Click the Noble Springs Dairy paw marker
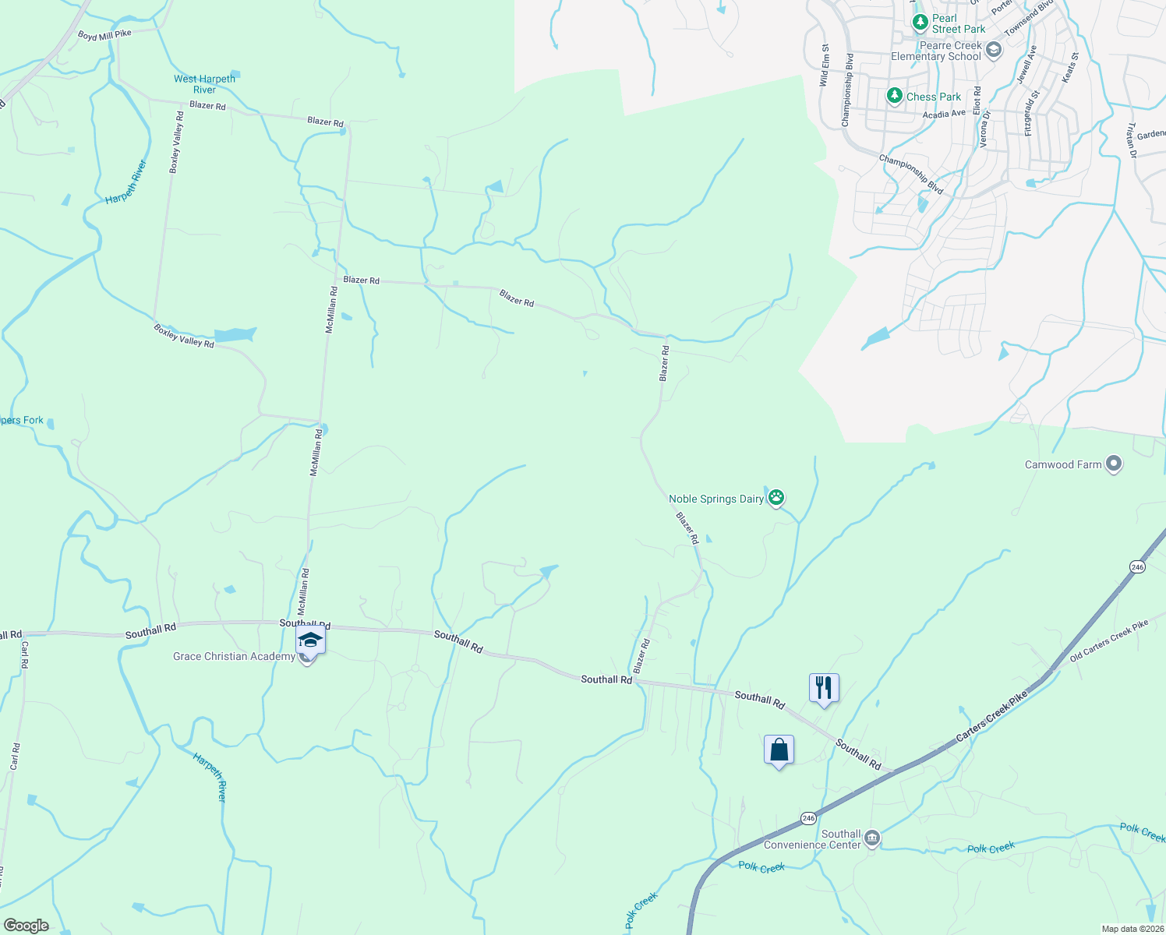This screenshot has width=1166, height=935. click(776, 498)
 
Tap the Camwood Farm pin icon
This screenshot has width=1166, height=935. click(1114, 464)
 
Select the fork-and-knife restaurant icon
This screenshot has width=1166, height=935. click(824, 688)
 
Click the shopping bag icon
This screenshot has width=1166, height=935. click(779, 750)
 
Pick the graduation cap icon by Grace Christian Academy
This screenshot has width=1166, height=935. click(310, 640)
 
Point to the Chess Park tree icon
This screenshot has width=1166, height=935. click(895, 97)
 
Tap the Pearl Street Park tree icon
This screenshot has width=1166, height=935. click(920, 23)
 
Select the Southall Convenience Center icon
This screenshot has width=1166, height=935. click(872, 839)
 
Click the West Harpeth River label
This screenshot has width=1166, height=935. click(204, 84)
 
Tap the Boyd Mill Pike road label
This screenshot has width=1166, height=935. click(104, 35)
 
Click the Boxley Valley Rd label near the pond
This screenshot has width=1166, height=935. click(184, 336)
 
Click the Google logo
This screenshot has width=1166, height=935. click(26, 925)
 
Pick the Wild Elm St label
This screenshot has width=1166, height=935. click(824, 65)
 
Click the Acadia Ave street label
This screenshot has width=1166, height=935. click(944, 115)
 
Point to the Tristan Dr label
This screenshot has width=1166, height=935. click(1131, 140)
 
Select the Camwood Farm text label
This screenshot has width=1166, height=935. click(1063, 465)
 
